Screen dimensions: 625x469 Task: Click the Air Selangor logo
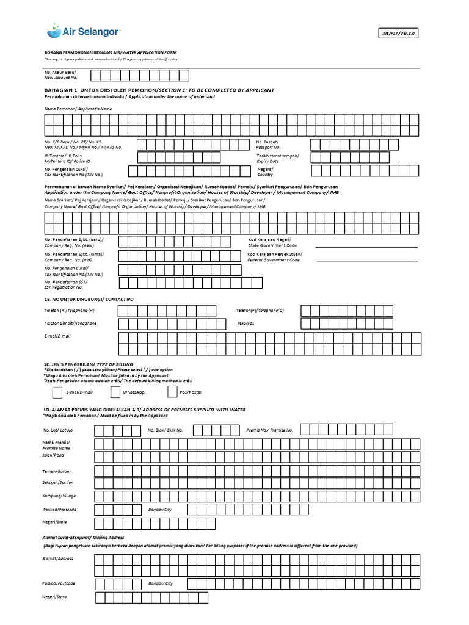[x=84, y=30]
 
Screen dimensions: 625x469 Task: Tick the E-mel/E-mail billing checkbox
[x=57, y=392]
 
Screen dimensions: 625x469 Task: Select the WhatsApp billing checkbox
[x=115, y=392]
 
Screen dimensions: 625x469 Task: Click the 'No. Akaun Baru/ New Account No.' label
[x=61, y=75]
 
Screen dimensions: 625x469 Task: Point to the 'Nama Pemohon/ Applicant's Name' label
[x=78, y=109]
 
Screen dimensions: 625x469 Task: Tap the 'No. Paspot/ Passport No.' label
[x=269, y=145]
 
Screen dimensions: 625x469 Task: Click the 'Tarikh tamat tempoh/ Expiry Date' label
[x=278, y=158]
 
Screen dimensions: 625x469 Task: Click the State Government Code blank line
[x=366, y=248]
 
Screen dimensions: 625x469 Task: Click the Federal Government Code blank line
[x=366, y=261]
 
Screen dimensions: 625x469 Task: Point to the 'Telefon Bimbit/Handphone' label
[x=70, y=323]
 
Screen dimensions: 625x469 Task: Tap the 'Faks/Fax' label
[x=246, y=323]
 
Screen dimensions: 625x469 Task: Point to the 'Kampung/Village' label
[x=60, y=496]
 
